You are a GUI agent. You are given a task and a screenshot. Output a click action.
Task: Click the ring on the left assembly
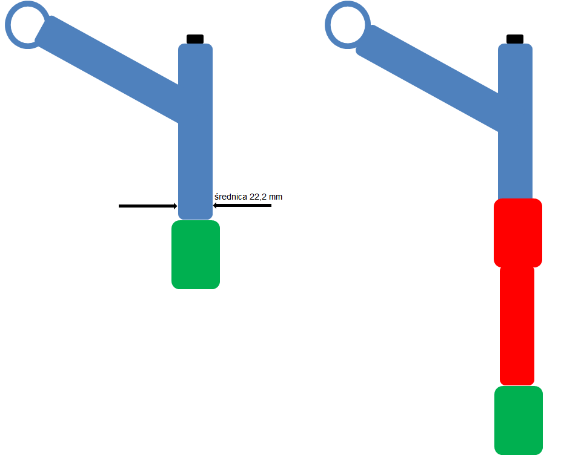[x=8, y=25]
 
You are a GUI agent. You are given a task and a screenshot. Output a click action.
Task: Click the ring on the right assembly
[x=328, y=25]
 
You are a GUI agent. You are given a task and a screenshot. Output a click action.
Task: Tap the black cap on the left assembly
[x=195, y=39]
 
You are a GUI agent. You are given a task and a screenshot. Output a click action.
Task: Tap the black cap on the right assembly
[x=515, y=39]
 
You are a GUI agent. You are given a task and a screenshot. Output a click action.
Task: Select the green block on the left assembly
[x=196, y=255]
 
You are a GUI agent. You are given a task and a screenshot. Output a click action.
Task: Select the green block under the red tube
[x=519, y=420]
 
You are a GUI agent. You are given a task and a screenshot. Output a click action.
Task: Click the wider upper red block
[x=518, y=233]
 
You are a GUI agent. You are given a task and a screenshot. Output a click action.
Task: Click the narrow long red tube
[x=517, y=326]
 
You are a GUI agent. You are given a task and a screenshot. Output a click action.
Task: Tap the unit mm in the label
[x=276, y=197]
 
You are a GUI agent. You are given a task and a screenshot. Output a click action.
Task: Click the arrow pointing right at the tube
[x=148, y=206]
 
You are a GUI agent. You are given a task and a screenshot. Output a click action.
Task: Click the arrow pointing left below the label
[x=242, y=206]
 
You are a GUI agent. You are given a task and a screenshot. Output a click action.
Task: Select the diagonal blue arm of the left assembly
[x=107, y=68]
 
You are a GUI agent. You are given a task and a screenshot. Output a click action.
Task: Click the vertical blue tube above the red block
[x=515, y=122]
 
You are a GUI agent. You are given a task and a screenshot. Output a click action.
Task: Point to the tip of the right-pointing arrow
[x=177, y=206]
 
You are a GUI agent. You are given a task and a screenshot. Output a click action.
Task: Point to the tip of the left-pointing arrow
[x=213, y=206]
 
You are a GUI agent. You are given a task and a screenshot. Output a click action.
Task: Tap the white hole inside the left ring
[x=27, y=25]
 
